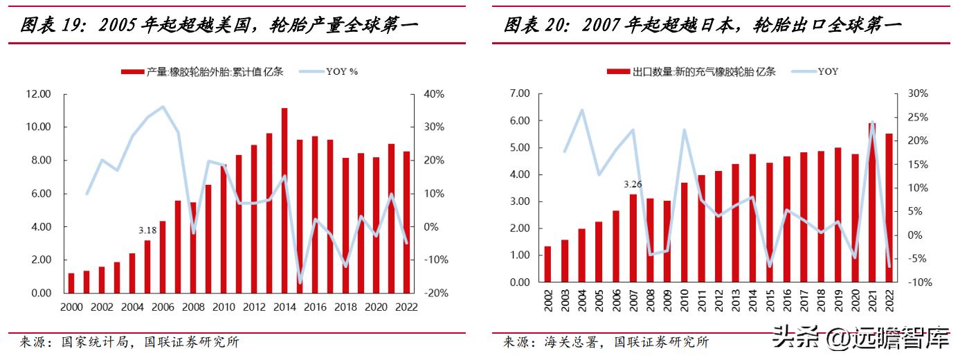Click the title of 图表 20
(x=702, y=26)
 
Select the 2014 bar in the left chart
(x=284, y=201)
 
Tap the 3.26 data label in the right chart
(x=633, y=184)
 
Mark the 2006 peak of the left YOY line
(x=163, y=107)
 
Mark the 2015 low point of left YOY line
(x=300, y=282)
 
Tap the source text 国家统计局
(x=98, y=342)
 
